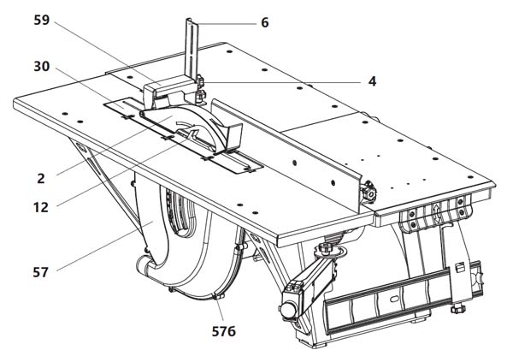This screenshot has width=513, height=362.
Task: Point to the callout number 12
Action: pos(40,205)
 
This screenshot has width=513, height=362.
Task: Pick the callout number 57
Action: pos(41,271)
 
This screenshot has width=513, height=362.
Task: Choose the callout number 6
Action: pos(265,22)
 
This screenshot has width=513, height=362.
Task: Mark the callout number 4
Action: pos(373,81)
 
